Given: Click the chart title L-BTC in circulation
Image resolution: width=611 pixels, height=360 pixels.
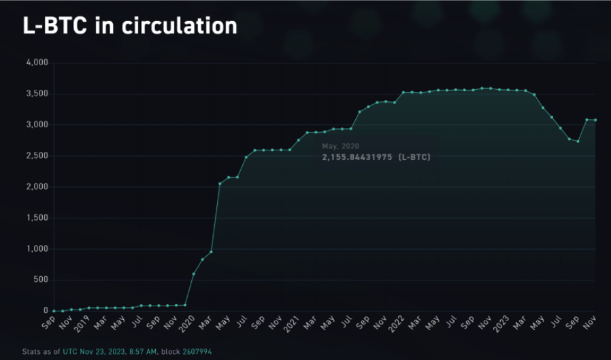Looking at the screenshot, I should (130, 26).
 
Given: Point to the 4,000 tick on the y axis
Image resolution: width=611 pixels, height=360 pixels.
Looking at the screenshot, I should (37, 63).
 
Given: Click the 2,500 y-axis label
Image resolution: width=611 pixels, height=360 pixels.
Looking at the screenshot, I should (37, 156).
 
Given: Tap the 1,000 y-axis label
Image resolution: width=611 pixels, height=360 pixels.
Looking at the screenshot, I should (37, 249).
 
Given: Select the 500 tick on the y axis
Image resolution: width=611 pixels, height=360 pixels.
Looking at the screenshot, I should (41, 280).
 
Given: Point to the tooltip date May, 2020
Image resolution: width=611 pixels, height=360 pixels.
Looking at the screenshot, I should (340, 146).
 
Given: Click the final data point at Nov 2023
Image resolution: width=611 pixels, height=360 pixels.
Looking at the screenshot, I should (595, 120).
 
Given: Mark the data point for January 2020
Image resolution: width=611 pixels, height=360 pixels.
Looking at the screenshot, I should (194, 274).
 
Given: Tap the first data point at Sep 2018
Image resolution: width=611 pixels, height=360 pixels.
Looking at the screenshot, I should (54, 311).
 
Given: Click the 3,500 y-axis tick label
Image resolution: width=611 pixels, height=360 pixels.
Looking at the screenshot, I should (37, 94).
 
